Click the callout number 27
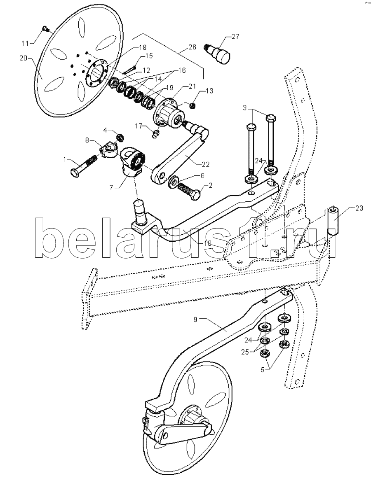point(235,37)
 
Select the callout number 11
point(26,43)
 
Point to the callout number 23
point(359,208)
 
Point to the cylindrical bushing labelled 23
point(333,220)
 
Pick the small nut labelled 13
point(191,106)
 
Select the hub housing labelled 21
point(167,111)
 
